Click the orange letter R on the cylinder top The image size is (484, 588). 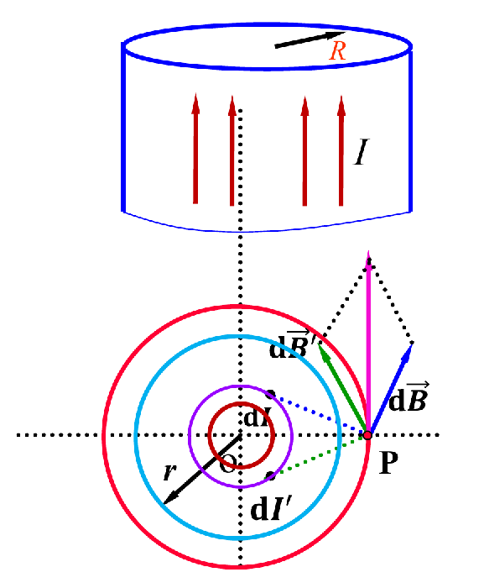click(337, 51)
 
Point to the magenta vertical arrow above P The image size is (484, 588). click(367, 336)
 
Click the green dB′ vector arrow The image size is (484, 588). click(344, 390)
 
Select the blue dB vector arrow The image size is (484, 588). click(389, 391)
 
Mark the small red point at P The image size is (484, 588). click(367, 435)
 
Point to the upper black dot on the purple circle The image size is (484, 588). click(269, 394)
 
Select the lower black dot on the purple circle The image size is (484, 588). click(270, 476)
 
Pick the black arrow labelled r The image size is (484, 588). click(201, 470)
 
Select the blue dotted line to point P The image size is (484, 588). click(319, 415)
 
